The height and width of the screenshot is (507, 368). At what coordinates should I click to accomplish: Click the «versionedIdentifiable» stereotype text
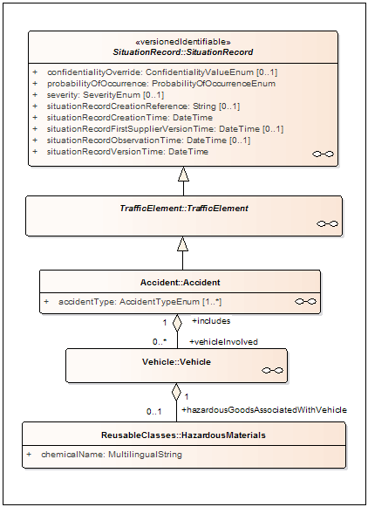183,42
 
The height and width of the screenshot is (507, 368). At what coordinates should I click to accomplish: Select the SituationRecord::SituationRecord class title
183,52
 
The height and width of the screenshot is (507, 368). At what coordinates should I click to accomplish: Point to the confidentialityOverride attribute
162,72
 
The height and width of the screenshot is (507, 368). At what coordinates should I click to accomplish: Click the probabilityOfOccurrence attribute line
161,84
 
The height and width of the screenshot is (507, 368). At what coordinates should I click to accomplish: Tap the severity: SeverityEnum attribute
106,95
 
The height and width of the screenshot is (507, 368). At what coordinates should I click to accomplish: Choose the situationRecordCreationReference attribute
144,106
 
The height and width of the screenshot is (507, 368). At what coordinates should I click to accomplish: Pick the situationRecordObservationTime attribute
148,140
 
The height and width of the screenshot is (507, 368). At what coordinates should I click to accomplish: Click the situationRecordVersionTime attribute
127,151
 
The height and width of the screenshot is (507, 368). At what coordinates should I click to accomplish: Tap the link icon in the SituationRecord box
324,154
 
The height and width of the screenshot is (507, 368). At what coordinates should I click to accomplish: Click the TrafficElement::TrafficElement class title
184,209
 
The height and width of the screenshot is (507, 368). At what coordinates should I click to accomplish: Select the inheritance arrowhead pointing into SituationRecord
183,174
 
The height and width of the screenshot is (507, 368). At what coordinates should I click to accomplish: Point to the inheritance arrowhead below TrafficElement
182,243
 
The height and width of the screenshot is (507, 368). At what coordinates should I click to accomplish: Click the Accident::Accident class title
180,282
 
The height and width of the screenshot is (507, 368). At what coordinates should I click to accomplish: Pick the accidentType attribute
140,302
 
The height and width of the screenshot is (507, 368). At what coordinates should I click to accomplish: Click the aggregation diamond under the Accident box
177,323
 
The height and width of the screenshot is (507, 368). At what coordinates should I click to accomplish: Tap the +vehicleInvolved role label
223,342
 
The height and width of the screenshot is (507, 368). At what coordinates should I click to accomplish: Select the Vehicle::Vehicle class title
176,362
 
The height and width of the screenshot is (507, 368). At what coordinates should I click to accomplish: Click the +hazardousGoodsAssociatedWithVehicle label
264,410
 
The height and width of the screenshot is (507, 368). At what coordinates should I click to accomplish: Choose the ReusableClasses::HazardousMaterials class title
183,435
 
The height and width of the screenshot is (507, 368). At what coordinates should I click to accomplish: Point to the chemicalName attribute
112,455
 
